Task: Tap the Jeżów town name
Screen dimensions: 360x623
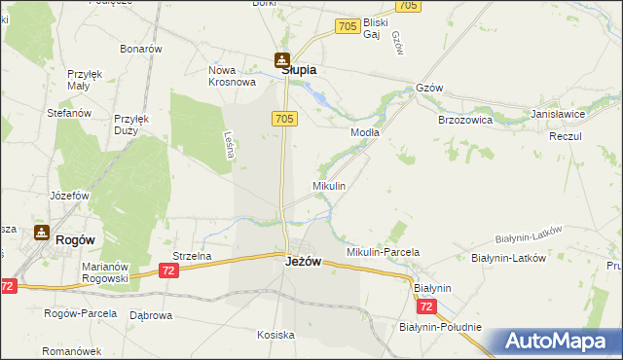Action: [303, 262]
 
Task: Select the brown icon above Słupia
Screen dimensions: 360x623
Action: [281, 59]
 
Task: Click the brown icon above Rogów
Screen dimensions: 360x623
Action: [41, 232]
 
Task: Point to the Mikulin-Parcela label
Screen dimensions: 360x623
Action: [384, 252]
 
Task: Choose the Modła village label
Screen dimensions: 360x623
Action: [364, 131]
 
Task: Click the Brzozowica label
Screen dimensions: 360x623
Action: [465, 120]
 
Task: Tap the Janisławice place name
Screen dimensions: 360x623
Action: [558, 114]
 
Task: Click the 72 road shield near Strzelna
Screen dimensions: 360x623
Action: [169, 270]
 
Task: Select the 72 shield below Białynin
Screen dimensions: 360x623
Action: [426, 306]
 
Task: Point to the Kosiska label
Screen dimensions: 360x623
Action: [275, 335]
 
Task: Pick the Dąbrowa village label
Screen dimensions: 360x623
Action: [151, 315]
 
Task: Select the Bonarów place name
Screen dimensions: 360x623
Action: [140, 49]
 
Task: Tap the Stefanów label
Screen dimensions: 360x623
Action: [69, 113]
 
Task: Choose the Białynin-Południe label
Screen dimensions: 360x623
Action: [440, 327]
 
